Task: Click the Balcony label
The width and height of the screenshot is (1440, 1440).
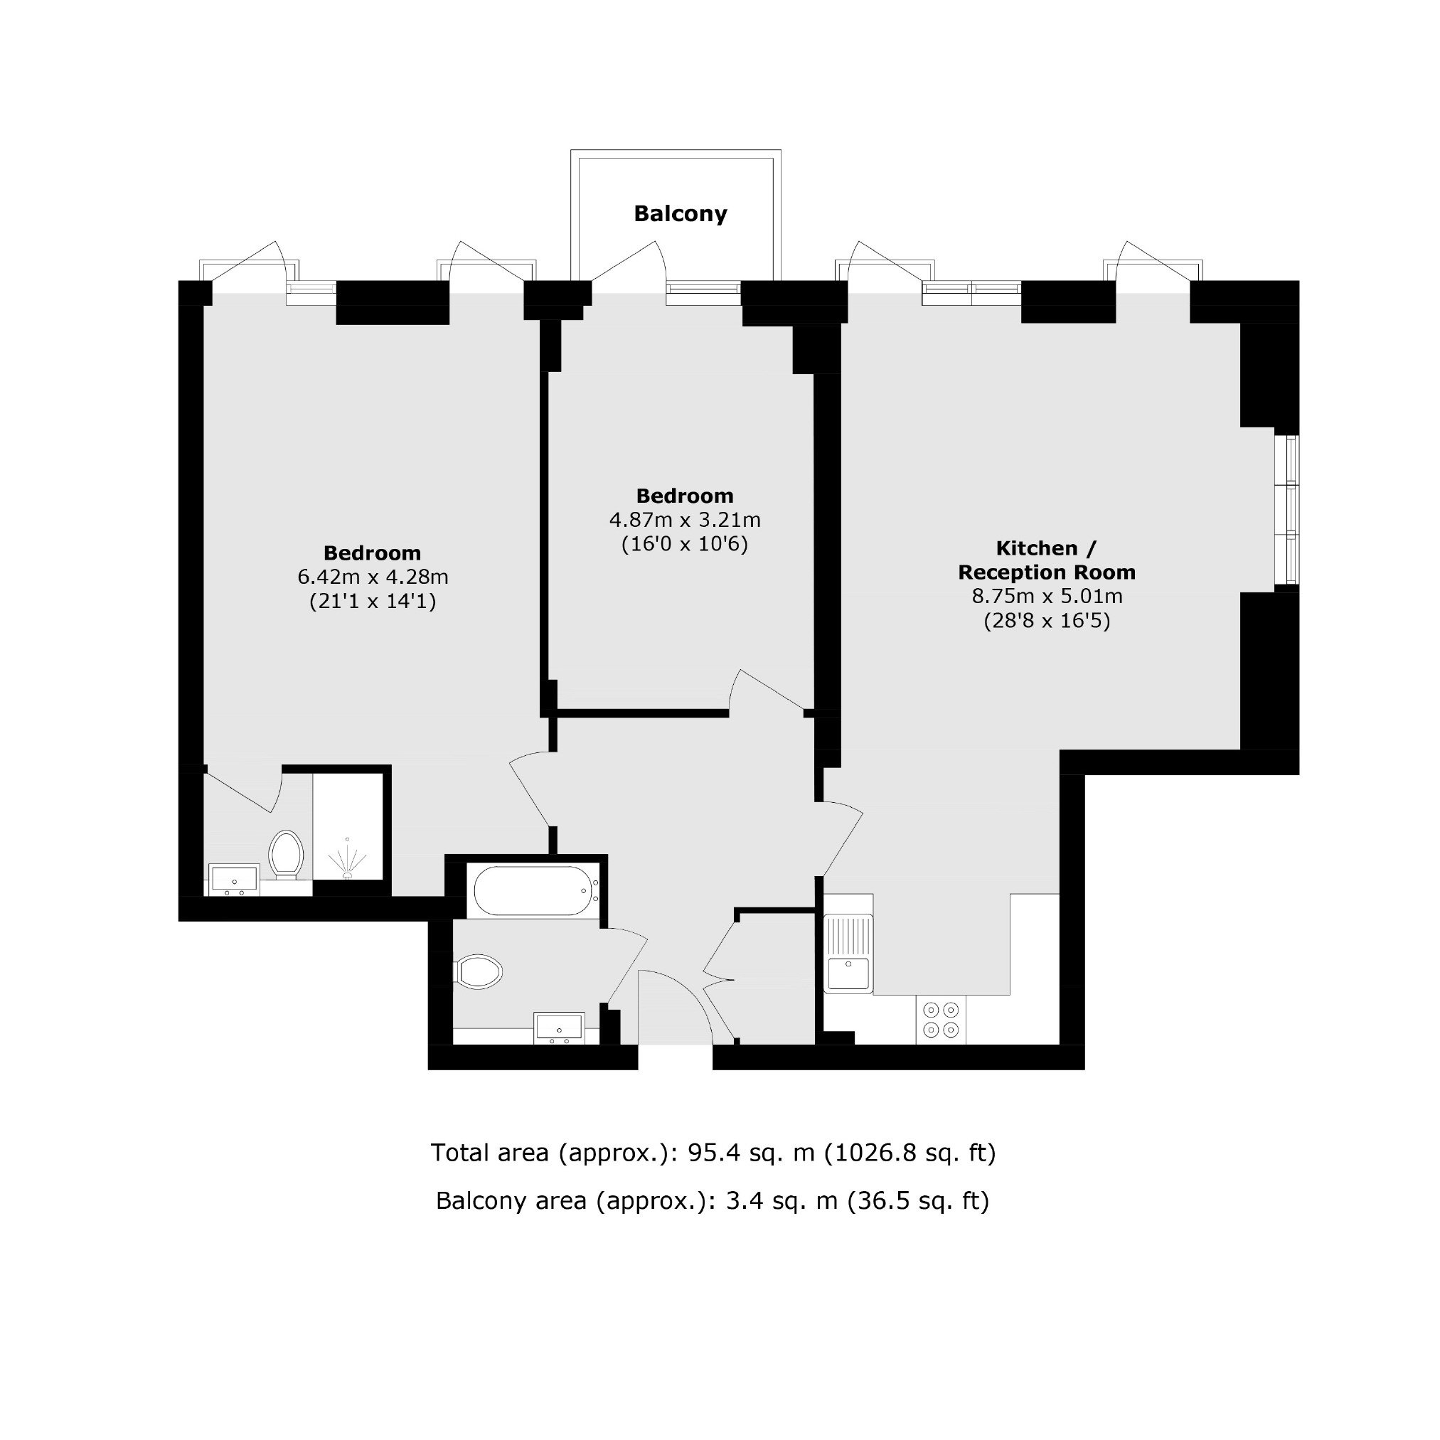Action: pos(680,214)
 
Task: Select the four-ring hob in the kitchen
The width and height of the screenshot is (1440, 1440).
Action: pos(941,1020)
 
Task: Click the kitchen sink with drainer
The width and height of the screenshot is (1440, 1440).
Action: pos(848,944)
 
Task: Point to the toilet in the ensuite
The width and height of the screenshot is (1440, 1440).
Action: pos(286,854)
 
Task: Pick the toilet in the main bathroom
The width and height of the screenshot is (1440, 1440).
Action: pos(478,972)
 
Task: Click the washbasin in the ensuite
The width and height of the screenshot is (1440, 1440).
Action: pos(234,880)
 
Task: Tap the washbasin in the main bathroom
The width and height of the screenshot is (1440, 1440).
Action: pos(559,1028)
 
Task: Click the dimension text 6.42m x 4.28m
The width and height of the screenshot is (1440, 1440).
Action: pos(373,577)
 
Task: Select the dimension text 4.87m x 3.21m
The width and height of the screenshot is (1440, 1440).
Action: pos(685,520)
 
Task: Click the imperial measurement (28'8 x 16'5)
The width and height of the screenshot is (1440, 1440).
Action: pos(1047,621)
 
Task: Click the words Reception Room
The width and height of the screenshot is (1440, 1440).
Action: pos(1047,572)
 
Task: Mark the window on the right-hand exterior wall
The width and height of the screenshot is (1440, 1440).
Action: pos(1287,511)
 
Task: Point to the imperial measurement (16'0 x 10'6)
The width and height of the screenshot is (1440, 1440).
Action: pos(685,544)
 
